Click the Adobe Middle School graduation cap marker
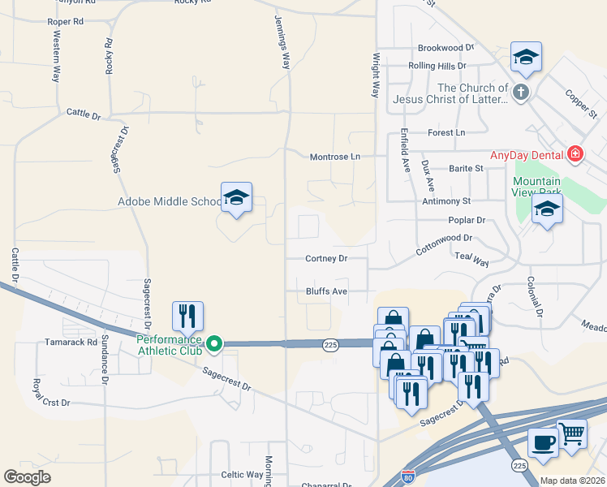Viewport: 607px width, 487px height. pos(236,197)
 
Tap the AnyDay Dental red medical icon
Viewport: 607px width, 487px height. pos(575,153)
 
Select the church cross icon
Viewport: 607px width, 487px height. pos(520,93)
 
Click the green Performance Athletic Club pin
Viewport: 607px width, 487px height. pos(214,343)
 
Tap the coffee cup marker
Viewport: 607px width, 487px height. pos(543,443)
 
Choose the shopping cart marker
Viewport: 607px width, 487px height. pos(572,436)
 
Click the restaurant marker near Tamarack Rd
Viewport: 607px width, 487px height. pos(187,317)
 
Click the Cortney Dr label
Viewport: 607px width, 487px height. pos(326,259)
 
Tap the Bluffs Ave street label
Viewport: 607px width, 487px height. pos(326,291)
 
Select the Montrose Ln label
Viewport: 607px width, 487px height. pos(334,157)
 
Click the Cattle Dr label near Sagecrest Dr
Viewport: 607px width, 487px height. pos(84,115)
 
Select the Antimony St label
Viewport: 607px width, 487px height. pos(446,200)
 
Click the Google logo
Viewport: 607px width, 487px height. pos(28,477)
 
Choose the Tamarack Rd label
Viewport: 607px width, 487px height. pos(71,343)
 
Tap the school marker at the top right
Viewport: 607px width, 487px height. pos(526,58)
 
